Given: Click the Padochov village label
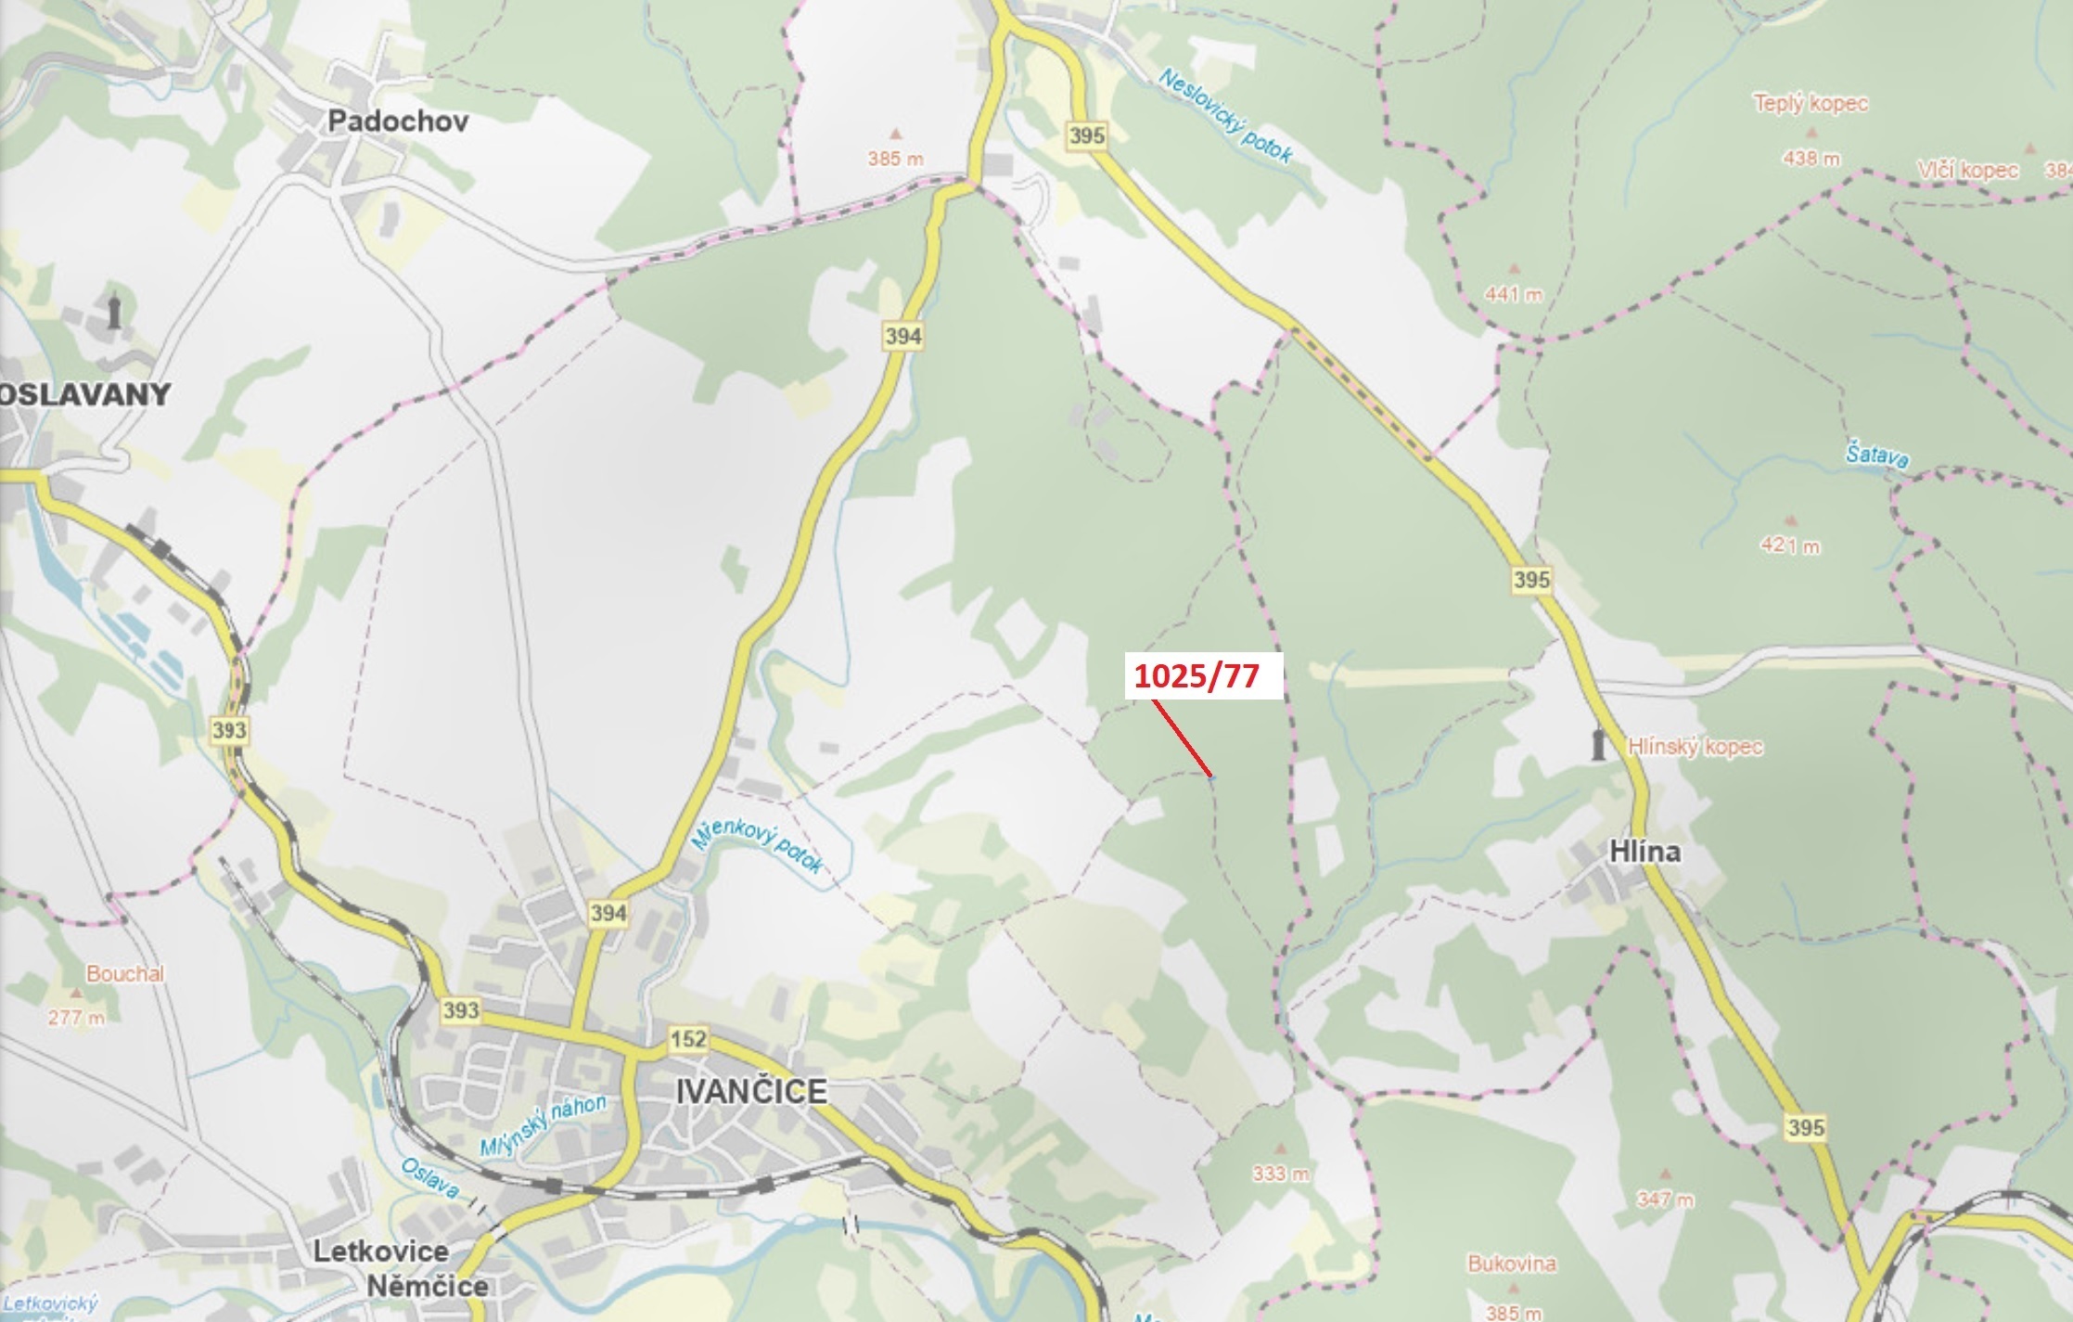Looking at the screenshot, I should coord(398,122).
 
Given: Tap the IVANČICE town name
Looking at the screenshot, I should coord(750,1092).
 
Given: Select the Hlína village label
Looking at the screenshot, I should coord(1644,852).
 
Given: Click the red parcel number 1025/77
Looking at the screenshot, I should coord(1196,676).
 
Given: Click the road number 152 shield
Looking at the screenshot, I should coord(688,1038).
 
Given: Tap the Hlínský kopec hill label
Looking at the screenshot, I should coord(1695,747).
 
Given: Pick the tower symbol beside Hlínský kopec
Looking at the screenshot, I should coord(1597,745).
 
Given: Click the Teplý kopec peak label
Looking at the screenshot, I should coord(1810,103).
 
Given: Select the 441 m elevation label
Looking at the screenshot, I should coord(1513,294).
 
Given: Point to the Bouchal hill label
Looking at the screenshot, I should coord(124,973).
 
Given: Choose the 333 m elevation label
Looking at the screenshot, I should coord(1280,1174).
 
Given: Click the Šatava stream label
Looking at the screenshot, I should coord(1876,456).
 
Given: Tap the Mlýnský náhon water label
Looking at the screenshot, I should coord(543,1125).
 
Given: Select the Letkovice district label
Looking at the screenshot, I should coord(380,1251).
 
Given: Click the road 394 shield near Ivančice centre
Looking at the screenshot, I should coord(608,913).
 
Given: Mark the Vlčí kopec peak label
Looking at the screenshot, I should coord(1967,171).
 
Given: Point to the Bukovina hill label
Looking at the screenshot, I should coord(1511,1264).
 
